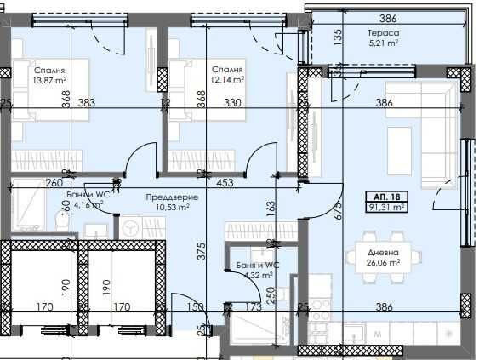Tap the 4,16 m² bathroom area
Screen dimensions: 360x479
click(x=91, y=205)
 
